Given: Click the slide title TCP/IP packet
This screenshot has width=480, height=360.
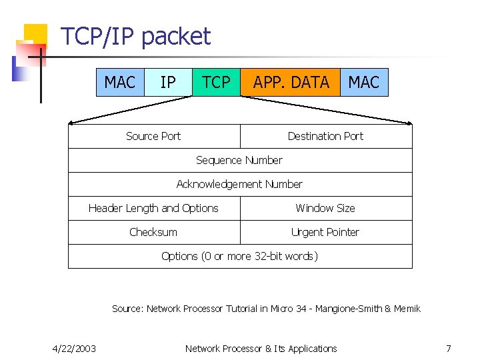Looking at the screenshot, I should coord(135,37).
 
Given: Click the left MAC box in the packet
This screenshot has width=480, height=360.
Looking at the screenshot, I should coord(120,83).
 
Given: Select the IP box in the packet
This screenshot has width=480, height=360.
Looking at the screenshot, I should coord(168,83).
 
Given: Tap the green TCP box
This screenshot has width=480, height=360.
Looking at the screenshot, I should coord(216,83).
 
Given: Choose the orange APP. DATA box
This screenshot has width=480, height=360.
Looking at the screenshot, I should coord(291,83).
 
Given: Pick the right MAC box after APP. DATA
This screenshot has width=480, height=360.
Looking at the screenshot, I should coord(364,83).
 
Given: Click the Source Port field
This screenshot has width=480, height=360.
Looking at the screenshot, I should coord(153,136).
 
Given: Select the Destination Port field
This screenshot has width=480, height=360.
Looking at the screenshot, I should coord(325,136).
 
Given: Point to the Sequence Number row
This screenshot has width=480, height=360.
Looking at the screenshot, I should coord(239,160).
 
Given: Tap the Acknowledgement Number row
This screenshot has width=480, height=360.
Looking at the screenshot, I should coord(239,184).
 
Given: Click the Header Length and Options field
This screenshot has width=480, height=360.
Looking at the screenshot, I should coord(153,208).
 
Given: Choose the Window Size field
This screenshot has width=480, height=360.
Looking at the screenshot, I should coord(325,208).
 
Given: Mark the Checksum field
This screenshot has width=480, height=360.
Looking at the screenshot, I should coord(153,232).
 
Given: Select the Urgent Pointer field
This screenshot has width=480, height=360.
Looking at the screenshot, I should coord(325,232).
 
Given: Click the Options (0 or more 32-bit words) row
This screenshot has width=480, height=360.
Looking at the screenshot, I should coord(239,256).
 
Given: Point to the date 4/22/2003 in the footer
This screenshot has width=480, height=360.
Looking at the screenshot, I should coord(74,348).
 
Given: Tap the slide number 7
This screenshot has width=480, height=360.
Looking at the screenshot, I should coord(449,348).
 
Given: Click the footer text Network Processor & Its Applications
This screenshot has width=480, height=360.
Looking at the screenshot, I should coord(261,348).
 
